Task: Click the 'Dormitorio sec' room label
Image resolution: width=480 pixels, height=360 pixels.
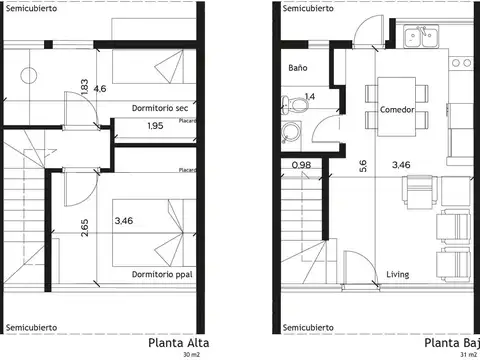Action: tap(159, 108)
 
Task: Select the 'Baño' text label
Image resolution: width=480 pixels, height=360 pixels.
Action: tap(297, 68)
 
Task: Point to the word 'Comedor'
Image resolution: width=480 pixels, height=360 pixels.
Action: tap(397, 110)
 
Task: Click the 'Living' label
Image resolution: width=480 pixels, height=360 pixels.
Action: tap(397, 273)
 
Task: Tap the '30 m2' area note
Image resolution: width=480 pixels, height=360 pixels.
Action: tap(190, 355)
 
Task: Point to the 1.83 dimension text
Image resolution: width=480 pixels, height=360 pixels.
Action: tap(84, 88)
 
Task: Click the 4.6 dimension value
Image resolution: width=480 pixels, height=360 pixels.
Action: tap(100, 89)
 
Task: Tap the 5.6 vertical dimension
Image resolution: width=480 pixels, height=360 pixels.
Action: tap(363, 167)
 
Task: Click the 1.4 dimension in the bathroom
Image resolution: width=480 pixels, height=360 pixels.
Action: tap(309, 96)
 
